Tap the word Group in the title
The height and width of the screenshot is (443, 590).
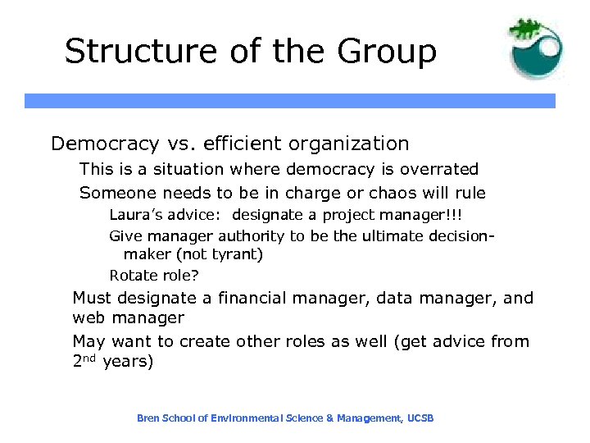click(x=384, y=51)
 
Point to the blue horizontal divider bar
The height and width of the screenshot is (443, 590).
click(x=289, y=101)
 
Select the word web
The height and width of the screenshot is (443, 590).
click(x=90, y=318)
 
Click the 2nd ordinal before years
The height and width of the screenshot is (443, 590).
click(x=85, y=361)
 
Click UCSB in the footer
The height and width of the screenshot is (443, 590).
click(x=420, y=418)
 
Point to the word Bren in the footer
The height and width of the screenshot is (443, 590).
click(x=147, y=418)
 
